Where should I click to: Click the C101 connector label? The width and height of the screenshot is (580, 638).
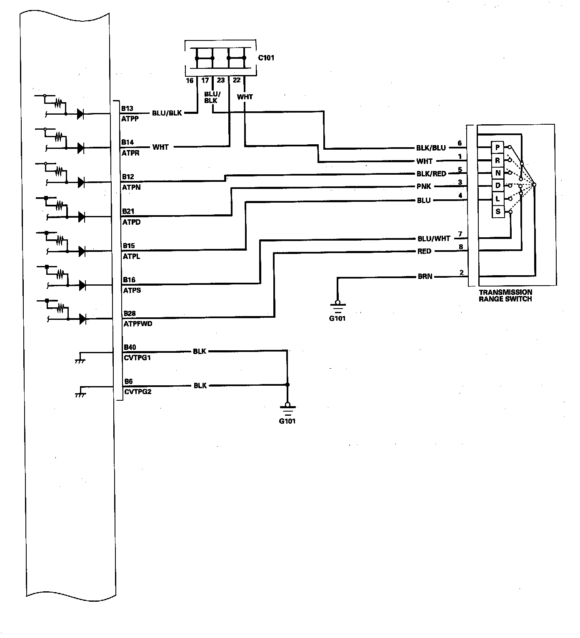[266, 58]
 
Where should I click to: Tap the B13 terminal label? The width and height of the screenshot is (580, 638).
[127, 108]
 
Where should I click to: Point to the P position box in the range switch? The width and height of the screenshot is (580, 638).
[497, 148]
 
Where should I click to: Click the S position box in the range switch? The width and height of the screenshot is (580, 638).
[498, 212]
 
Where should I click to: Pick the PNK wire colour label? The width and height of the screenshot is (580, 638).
[424, 186]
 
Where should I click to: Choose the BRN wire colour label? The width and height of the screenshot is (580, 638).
[425, 276]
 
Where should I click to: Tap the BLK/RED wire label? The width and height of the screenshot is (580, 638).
[431, 174]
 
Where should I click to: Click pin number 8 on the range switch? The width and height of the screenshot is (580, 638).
[461, 247]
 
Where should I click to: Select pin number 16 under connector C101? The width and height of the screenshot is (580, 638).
[190, 80]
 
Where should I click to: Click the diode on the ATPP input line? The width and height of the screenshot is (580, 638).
[81, 113]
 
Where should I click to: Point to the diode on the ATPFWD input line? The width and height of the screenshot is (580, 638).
[82, 319]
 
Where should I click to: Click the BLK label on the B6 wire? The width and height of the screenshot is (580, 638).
[200, 386]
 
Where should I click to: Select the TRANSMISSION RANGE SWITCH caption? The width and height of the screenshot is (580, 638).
[505, 296]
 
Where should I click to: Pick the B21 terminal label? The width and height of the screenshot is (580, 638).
[128, 211]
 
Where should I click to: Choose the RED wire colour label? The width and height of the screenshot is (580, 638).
[424, 251]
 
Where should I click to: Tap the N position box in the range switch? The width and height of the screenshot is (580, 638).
[498, 173]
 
